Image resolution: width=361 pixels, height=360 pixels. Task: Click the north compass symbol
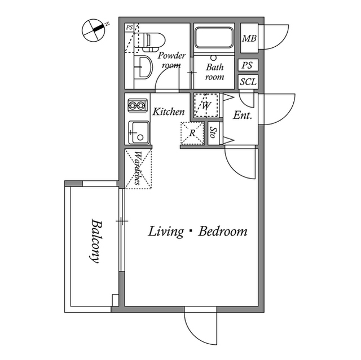pos(94,30)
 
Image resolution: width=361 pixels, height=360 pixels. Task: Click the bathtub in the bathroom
pos(214,38)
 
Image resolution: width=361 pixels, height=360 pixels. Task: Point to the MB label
pos(249,38)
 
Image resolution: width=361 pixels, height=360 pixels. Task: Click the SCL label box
pos(248,82)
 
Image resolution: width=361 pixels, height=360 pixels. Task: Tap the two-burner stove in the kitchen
pos(138,105)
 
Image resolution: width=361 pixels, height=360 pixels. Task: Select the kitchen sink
pos(139,132)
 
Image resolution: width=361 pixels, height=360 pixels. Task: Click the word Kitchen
pos(169,112)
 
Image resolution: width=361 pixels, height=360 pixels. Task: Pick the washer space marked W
pos(206,105)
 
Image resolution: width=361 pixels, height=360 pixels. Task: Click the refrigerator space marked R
pos(192,133)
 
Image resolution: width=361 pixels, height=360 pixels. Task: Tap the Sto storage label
pos(213,133)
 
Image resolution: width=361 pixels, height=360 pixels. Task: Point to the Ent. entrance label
pos(243,115)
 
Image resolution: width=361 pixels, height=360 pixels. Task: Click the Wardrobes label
pos(138,168)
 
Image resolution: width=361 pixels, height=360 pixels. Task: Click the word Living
pos(166,231)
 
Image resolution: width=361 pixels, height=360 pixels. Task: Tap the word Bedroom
pos(223,231)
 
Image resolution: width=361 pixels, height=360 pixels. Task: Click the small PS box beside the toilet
pos(129,28)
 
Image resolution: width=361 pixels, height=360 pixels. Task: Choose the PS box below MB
pos(248,65)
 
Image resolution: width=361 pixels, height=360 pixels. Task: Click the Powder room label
pos(171,60)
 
